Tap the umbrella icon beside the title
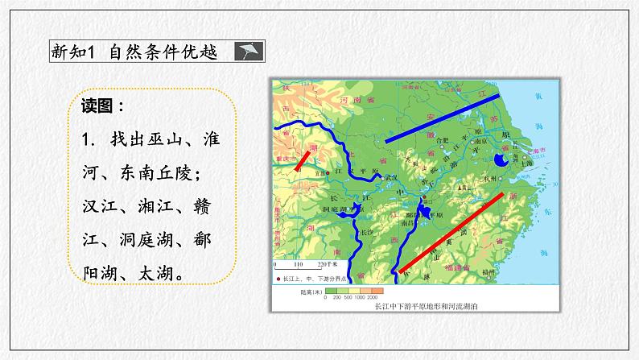(x=245, y=52)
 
